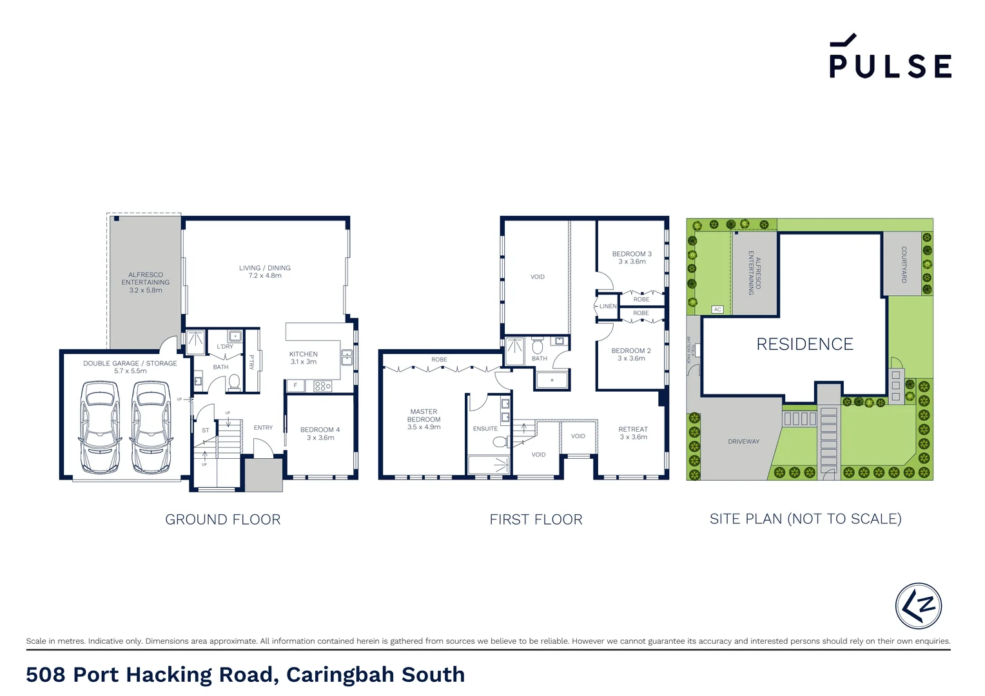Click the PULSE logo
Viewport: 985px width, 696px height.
(x=890, y=58)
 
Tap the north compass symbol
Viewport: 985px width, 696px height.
(x=918, y=606)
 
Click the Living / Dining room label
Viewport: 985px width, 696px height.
(x=265, y=271)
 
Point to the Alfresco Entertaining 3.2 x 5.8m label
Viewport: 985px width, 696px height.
(x=146, y=282)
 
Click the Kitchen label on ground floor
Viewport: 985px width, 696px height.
(x=304, y=358)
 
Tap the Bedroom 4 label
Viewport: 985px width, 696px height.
(x=320, y=433)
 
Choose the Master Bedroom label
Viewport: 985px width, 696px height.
(x=424, y=419)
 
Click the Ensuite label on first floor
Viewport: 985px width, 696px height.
(x=485, y=429)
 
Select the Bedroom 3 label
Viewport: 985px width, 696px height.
(x=632, y=257)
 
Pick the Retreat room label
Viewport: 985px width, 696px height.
(x=633, y=432)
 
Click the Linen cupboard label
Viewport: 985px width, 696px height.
(x=608, y=306)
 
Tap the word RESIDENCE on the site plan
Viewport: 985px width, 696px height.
(x=805, y=344)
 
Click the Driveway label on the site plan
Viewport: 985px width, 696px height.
(x=743, y=441)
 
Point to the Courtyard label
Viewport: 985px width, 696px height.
(x=904, y=264)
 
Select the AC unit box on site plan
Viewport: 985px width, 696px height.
(x=717, y=309)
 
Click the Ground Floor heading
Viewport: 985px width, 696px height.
(x=222, y=519)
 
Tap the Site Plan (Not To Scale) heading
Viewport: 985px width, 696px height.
(x=805, y=519)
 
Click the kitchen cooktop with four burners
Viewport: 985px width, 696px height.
(x=322, y=386)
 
